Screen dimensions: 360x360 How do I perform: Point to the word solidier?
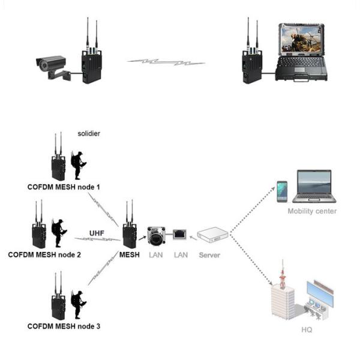click(89, 133)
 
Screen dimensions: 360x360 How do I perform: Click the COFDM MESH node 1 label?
click(64, 187)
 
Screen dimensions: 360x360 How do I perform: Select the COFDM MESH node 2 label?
click(44, 254)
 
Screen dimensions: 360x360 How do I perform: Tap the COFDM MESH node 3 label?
click(64, 326)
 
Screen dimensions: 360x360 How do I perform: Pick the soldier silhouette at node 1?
click(79, 165)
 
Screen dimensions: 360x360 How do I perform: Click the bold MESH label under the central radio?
click(129, 254)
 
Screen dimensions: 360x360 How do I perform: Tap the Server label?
click(209, 254)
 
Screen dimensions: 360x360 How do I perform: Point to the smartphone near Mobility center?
click(281, 191)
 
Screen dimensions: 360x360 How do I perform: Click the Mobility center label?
click(312, 211)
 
